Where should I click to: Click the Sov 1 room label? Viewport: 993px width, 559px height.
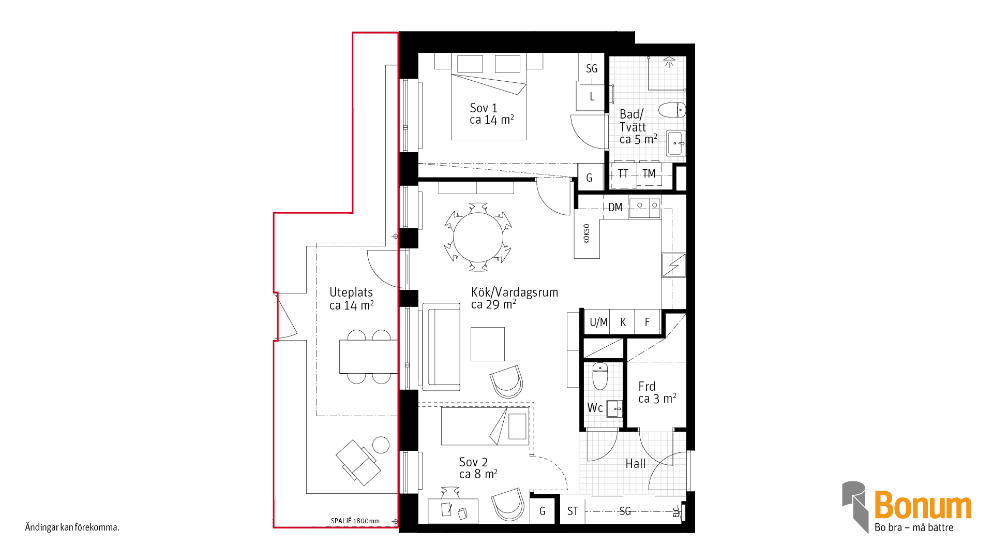tap(491, 114)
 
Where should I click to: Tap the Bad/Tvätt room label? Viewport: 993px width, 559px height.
tap(638, 127)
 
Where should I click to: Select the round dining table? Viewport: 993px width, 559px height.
tap(478, 237)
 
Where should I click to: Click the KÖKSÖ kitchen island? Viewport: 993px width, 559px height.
tap(586, 233)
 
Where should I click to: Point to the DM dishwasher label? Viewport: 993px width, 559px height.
tap(615, 208)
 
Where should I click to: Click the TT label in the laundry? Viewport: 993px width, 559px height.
tap(623, 174)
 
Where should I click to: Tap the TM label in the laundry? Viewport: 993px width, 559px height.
tap(649, 174)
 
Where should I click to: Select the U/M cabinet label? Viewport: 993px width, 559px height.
tap(598, 322)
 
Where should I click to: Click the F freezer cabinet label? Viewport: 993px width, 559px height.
tap(647, 322)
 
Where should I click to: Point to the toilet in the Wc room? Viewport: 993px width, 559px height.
tap(600, 376)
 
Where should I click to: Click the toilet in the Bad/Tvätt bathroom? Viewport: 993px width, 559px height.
tap(672, 110)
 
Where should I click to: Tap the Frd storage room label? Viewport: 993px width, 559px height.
tap(657, 392)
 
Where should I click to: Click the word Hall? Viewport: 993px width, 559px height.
tap(636, 464)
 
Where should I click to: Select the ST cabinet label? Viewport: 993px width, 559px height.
tap(573, 511)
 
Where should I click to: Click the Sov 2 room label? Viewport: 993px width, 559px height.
tap(478, 468)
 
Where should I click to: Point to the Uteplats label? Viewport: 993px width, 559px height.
tap(351, 299)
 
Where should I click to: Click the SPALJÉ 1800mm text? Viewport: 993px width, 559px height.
tap(355, 521)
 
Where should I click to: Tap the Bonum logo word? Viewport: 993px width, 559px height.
tap(923, 505)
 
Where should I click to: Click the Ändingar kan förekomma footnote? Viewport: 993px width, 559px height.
tap(72, 527)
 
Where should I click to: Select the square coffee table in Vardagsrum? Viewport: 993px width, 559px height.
tap(487, 344)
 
